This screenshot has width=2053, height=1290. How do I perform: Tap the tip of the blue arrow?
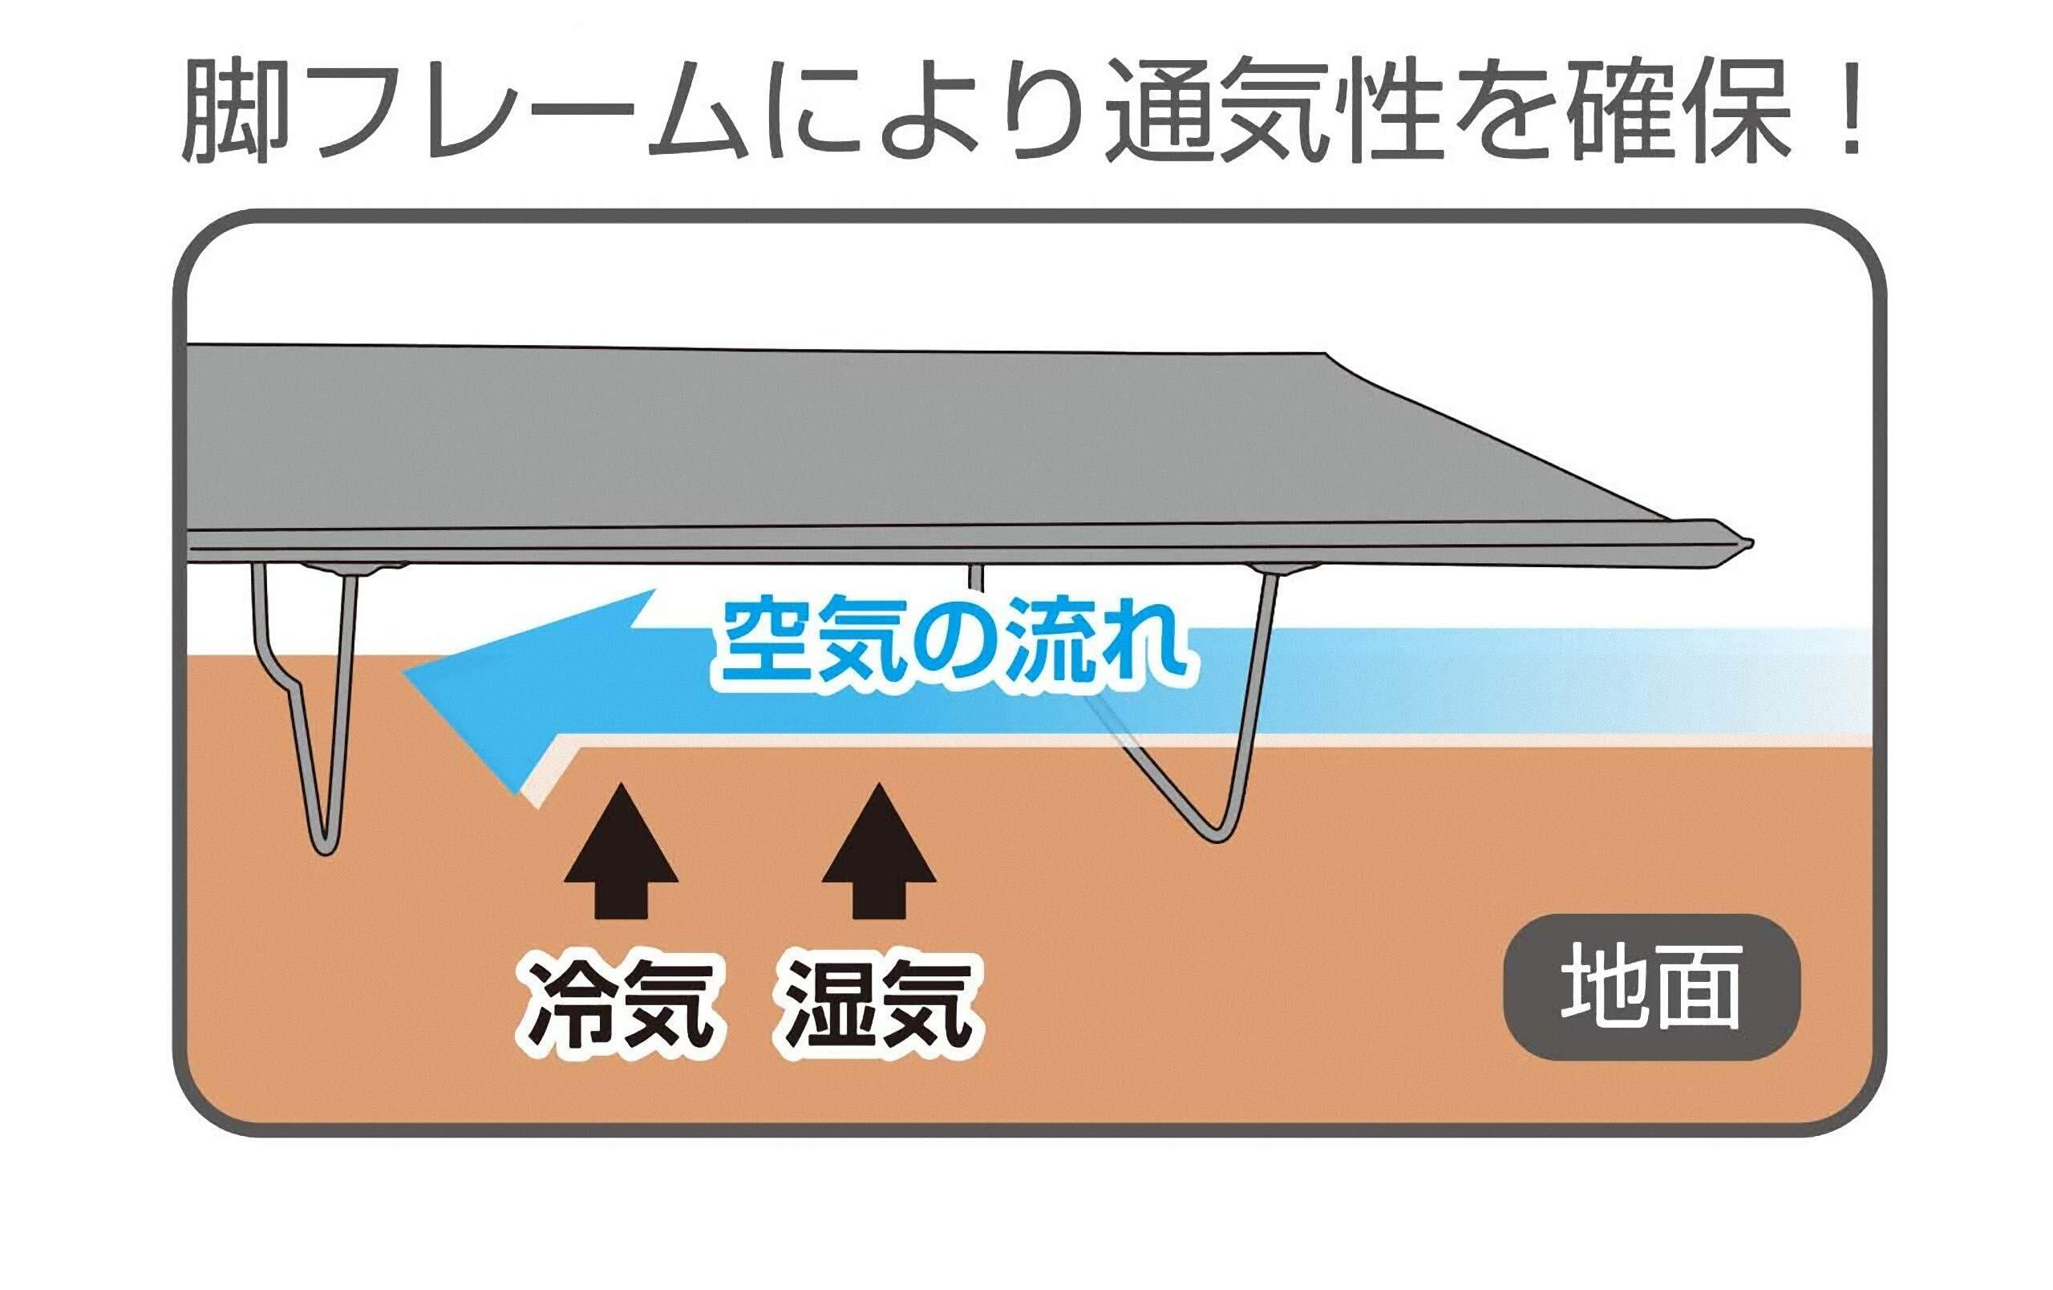407,674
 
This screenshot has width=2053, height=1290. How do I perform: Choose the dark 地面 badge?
1651,989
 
